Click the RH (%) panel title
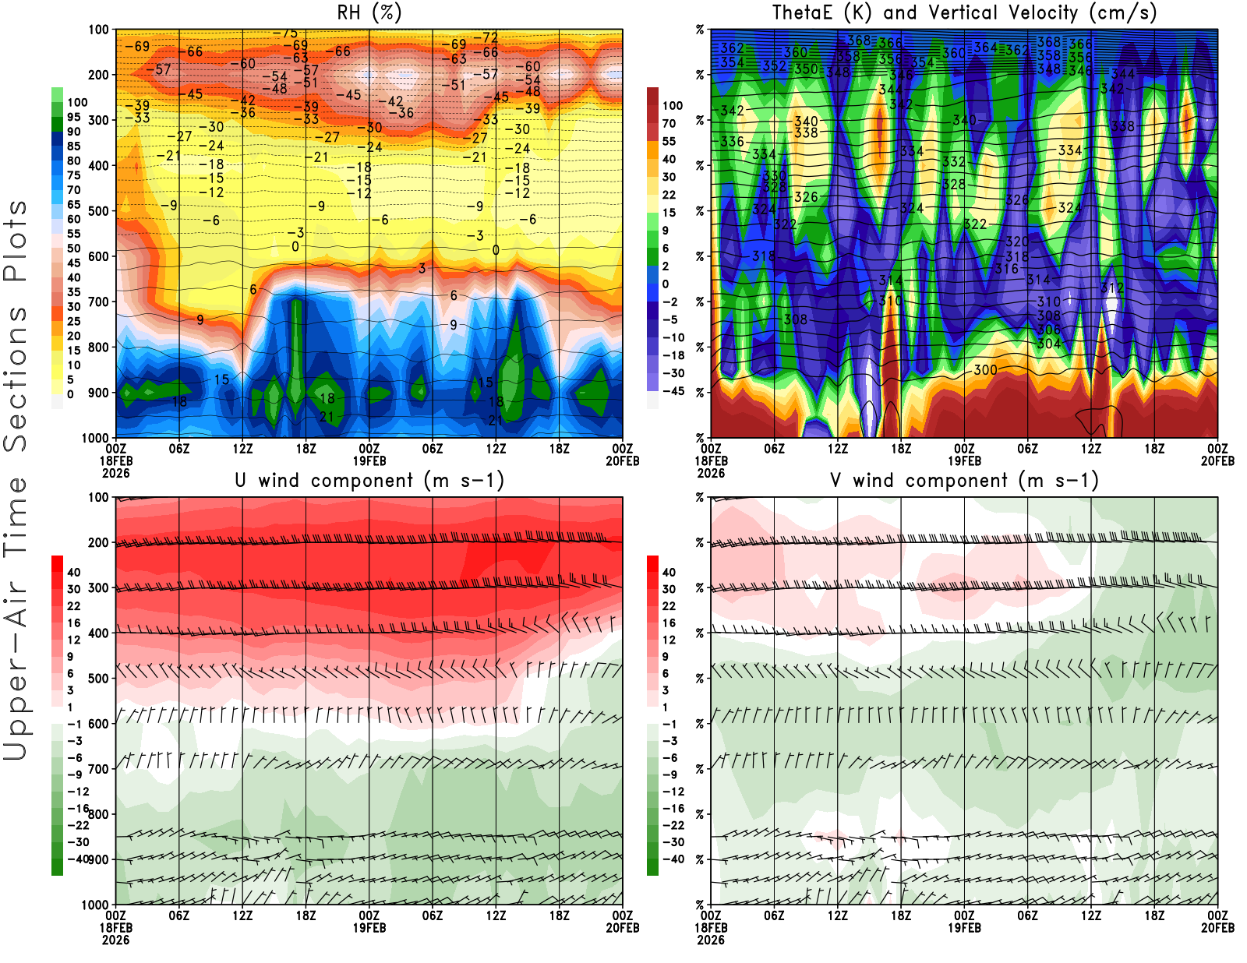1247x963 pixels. [369, 13]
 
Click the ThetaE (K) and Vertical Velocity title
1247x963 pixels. [964, 13]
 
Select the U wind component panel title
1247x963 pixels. [369, 481]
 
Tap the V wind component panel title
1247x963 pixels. [964, 481]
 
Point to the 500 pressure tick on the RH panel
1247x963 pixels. [99, 210]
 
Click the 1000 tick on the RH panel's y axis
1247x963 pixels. [96, 438]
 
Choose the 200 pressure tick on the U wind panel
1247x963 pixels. [99, 542]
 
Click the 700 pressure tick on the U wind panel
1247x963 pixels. [99, 769]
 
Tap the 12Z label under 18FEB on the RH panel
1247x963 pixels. [242, 449]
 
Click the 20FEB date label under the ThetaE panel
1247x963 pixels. [1217, 461]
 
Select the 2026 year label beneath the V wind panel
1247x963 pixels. [711, 940]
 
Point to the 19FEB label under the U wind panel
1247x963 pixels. [369, 928]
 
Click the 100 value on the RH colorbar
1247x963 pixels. [77, 102]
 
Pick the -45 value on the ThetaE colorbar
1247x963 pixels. [673, 391]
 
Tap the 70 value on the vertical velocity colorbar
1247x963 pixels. [669, 123]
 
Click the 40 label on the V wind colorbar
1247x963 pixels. [669, 572]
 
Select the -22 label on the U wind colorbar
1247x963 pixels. [77, 825]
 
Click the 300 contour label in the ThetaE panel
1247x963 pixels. [985, 369]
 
